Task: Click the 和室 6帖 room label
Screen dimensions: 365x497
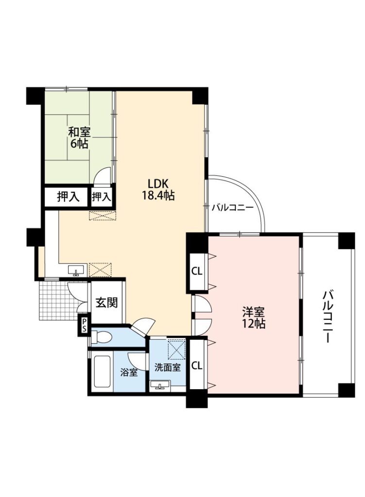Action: pyautogui.click(x=79, y=137)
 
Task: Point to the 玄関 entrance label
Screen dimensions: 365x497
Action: pyautogui.click(x=106, y=302)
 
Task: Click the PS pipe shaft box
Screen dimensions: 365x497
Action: pyautogui.click(x=84, y=325)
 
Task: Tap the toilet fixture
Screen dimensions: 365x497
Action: pyautogui.click(x=101, y=337)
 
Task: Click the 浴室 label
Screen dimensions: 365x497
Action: pyautogui.click(x=128, y=372)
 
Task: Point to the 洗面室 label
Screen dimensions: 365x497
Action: pyautogui.click(x=168, y=367)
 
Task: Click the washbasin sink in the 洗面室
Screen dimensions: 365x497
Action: pyautogui.click(x=160, y=384)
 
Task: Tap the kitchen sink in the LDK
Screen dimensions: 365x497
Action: pyautogui.click(x=76, y=270)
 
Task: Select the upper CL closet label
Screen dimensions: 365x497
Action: pyautogui.click(x=197, y=271)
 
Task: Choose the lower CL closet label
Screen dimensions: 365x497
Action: pyautogui.click(x=197, y=365)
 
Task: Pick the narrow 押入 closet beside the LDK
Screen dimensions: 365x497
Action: pyautogui.click(x=102, y=197)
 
